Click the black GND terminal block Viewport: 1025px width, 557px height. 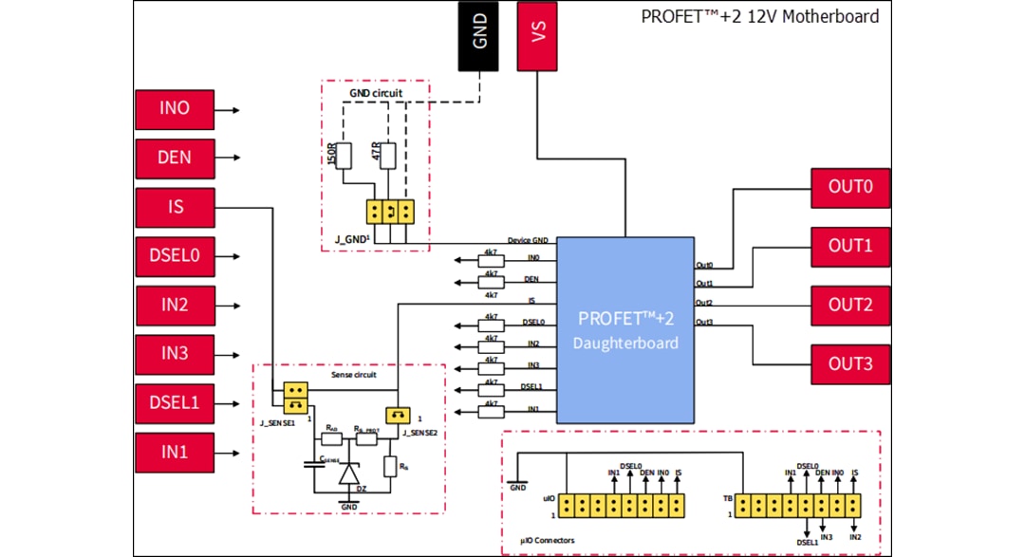point(479,36)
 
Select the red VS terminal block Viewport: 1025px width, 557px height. point(537,36)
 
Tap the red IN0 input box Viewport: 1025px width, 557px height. point(175,109)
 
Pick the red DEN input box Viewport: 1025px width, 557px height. point(175,158)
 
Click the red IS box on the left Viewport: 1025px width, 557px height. point(175,208)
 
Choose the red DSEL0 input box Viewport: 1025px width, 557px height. point(175,256)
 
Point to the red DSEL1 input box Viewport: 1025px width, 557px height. point(175,402)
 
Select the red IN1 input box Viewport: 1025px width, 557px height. point(175,452)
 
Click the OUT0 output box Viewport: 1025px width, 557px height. point(850,187)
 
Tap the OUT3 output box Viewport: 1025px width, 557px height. point(850,364)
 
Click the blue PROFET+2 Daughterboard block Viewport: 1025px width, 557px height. point(625,329)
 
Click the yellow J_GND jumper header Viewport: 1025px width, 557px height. point(391,211)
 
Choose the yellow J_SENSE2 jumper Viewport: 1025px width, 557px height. point(398,416)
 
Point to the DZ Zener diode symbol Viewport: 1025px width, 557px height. point(349,473)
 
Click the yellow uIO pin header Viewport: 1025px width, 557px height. point(622,505)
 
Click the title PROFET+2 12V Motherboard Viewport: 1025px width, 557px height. point(759,16)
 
